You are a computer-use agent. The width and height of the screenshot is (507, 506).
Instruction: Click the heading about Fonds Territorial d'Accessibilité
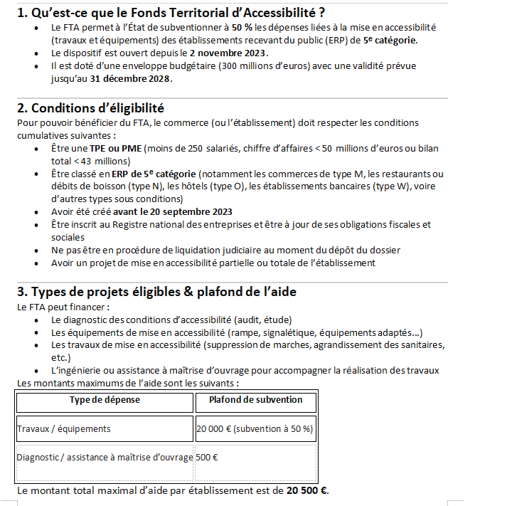171,12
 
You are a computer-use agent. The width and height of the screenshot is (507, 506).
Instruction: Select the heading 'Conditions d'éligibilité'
90,108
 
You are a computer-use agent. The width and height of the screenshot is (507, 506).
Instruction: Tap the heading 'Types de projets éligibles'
156,292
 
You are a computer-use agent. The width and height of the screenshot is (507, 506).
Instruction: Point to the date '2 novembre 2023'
228,53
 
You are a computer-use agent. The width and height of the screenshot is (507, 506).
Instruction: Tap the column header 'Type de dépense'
105,400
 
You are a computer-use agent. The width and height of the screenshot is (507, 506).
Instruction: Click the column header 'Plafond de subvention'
255,400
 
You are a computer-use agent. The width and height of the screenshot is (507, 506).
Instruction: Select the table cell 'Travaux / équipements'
64,428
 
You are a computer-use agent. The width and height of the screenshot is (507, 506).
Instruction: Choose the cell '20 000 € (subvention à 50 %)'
255,428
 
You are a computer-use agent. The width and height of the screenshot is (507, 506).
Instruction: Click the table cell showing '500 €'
207,456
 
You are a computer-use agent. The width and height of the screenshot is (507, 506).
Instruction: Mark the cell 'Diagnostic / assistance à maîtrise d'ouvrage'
105,456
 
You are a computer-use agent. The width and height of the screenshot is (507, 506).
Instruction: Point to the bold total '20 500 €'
307,490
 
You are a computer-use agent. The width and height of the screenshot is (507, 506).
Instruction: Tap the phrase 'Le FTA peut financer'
62,307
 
